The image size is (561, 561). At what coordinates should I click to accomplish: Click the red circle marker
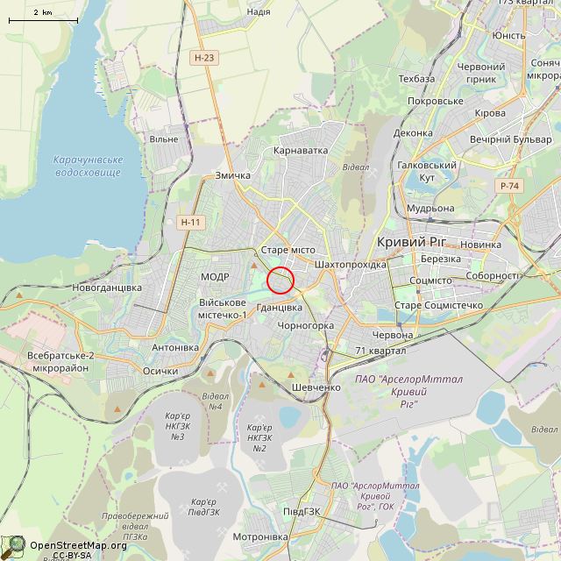click(280, 280)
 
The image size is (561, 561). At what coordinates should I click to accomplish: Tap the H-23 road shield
click(204, 58)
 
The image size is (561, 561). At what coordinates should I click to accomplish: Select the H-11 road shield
click(190, 223)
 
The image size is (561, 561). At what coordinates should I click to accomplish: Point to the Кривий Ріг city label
click(412, 242)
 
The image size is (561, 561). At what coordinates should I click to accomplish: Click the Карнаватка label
click(301, 151)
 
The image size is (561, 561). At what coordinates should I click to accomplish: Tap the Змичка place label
click(233, 175)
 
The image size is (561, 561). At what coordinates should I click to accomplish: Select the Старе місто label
click(288, 250)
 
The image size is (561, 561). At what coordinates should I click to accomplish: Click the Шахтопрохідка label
click(350, 265)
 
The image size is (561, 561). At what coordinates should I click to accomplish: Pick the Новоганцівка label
click(107, 288)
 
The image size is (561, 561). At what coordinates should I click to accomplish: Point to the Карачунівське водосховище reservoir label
click(87, 167)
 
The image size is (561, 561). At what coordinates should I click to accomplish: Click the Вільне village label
click(164, 139)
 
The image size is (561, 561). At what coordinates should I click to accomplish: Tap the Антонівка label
click(175, 348)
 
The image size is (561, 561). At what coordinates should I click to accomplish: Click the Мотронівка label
click(260, 536)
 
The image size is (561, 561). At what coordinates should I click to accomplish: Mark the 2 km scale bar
click(42, 18)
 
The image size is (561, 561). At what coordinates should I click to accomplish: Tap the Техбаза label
click(416, 79)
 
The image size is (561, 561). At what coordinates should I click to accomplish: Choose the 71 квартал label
click(380, 352)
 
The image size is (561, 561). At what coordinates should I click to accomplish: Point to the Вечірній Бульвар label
click(510, 139)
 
